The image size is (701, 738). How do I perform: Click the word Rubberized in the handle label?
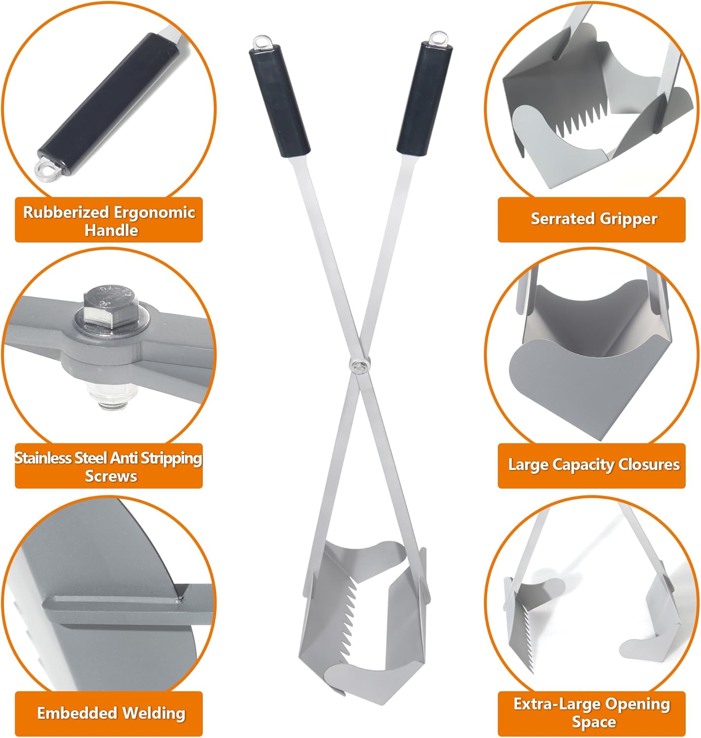66,213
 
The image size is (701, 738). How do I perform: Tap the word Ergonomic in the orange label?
155,213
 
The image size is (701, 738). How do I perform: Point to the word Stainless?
42,459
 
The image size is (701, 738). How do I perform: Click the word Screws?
111,476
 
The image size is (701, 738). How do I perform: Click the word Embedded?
77,712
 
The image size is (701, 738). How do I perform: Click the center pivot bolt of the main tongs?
359,364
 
